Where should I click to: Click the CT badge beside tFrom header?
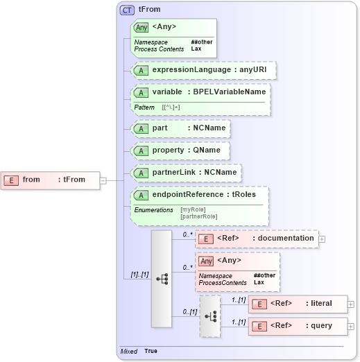tap(128, 10)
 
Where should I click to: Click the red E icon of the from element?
tap(11, 180)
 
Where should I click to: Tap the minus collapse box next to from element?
tap(103, 180)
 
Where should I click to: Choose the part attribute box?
tap(180, 128)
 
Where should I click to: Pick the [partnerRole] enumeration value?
tap(199, 216)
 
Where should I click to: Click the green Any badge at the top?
tap(142, 27)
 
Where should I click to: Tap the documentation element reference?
tap(257, 239)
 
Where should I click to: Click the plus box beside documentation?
tap(322, 239)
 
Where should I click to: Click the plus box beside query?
tap(351, 326)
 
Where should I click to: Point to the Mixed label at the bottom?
tap(128, 352)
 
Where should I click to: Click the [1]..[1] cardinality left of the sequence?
tap(139, 276)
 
